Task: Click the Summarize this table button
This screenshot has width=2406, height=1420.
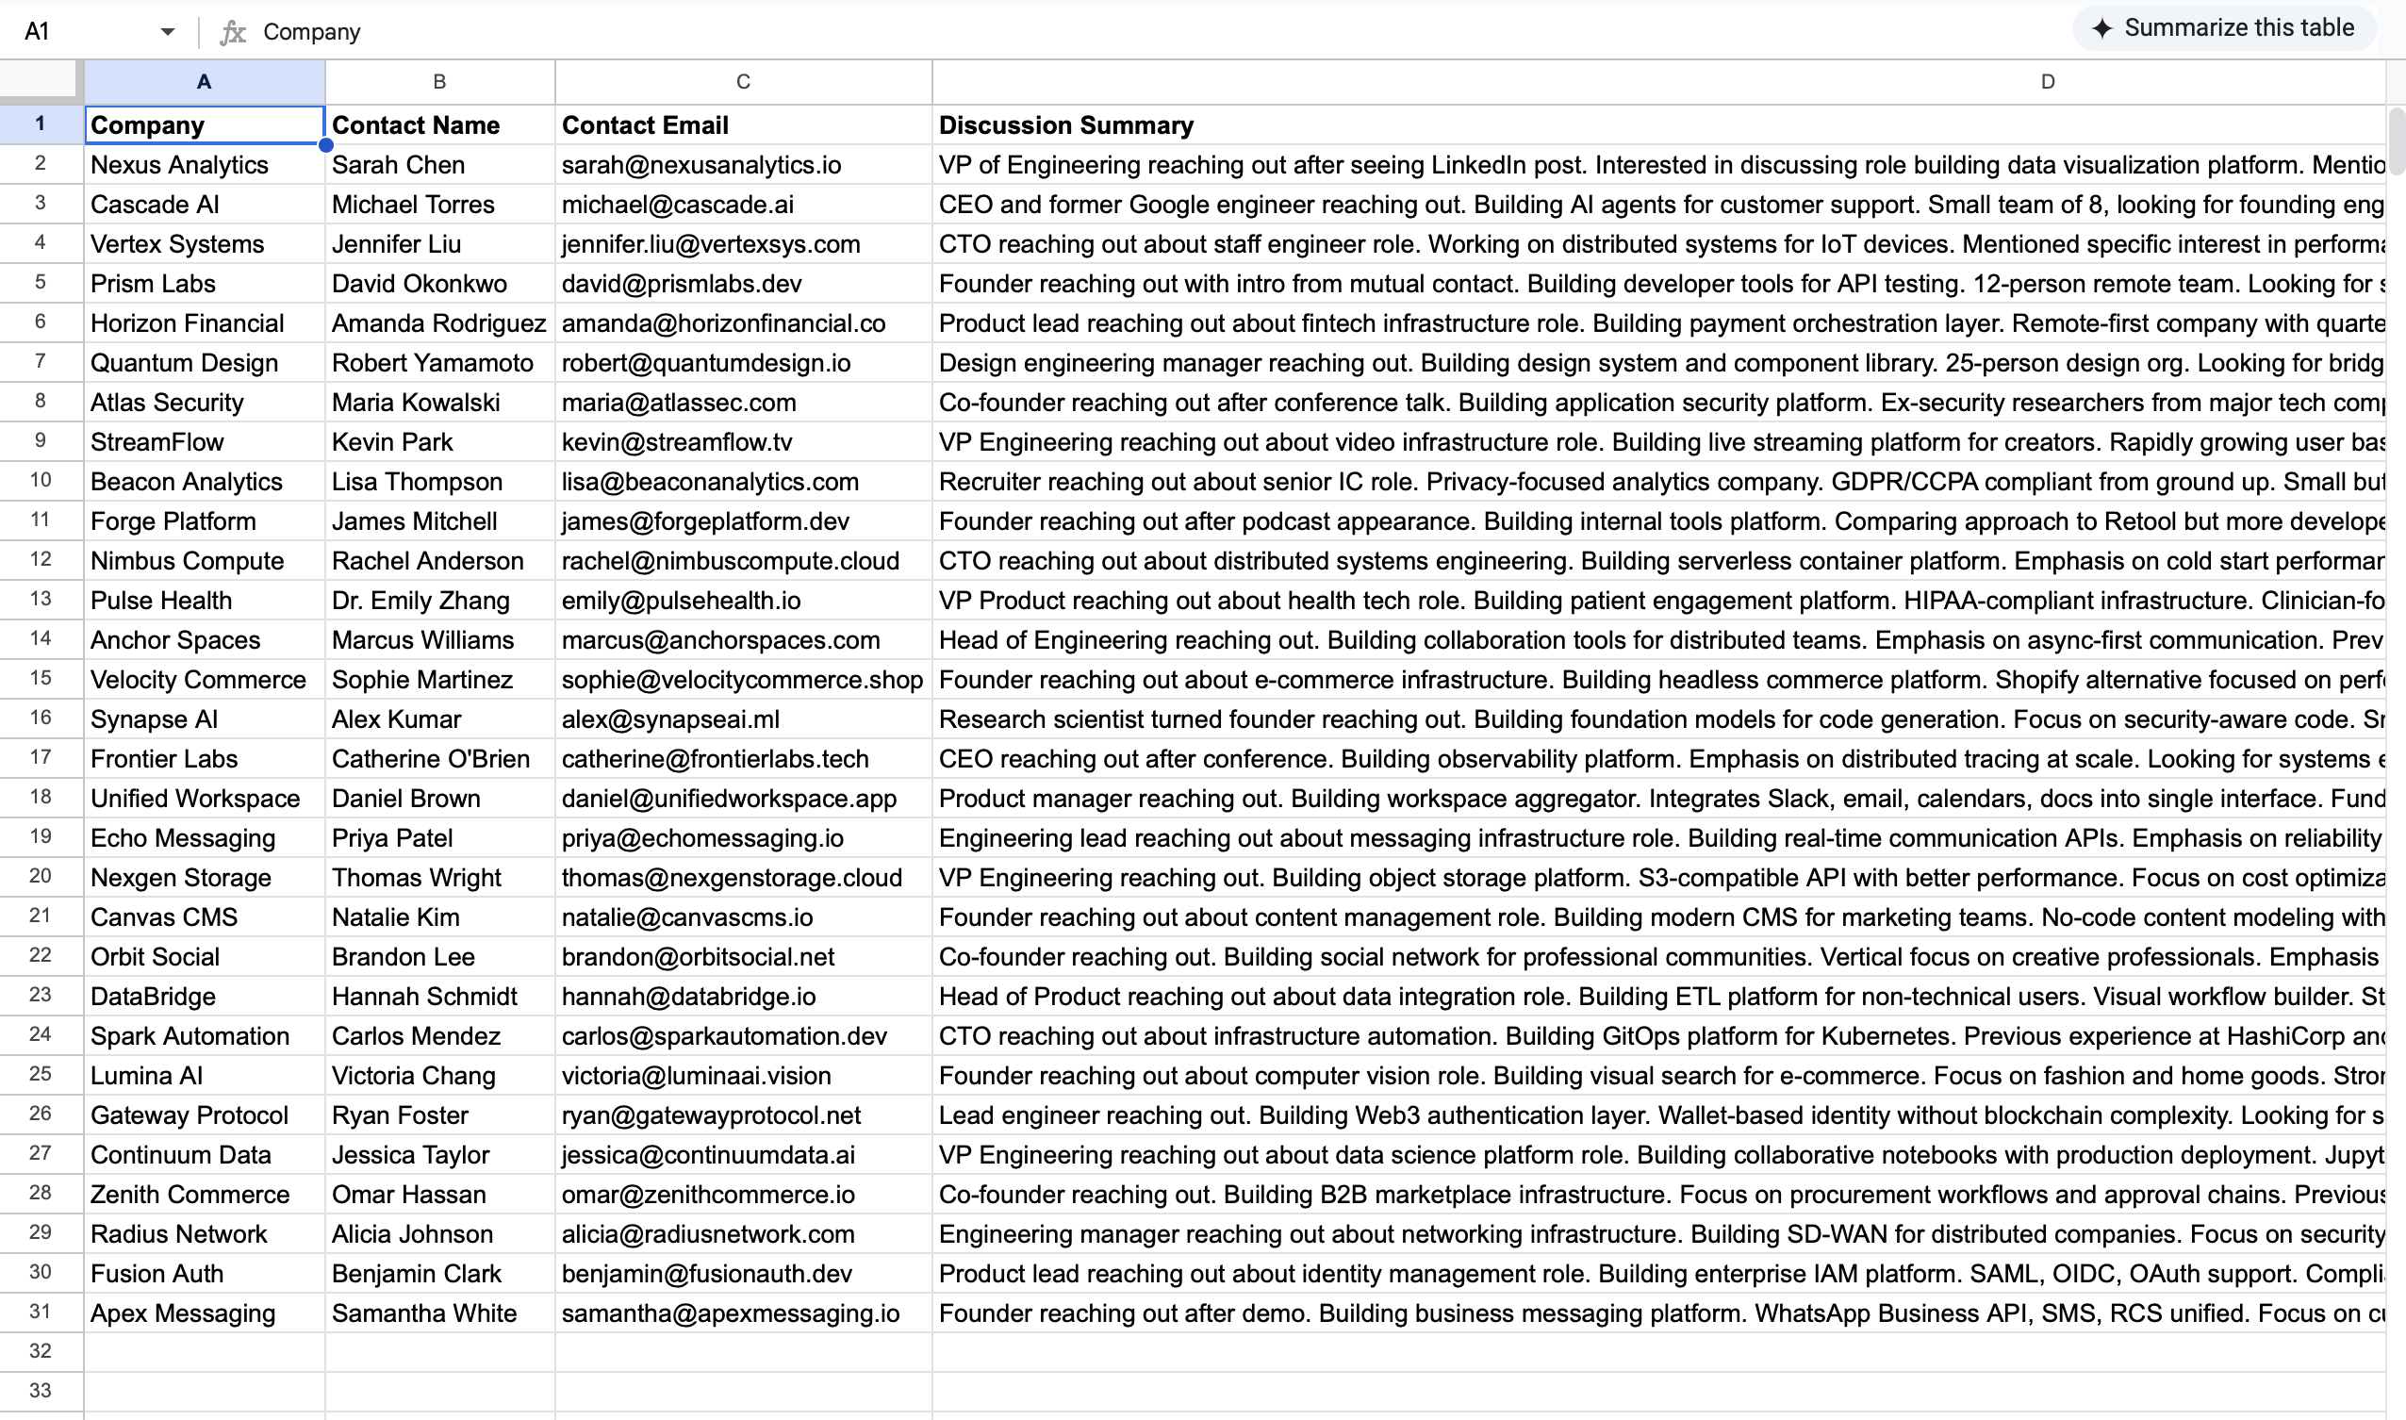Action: [2223, 28]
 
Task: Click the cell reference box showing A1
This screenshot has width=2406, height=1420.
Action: [86, 31]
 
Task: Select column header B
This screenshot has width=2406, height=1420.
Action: [439, 82]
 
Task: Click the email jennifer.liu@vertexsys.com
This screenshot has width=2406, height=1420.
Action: [711, 244]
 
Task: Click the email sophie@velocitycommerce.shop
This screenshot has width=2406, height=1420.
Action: [742, 681]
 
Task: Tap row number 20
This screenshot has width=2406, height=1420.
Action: [41, 877]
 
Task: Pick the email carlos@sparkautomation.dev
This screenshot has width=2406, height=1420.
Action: [724, 1036]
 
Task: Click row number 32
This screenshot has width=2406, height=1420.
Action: [41, 1351]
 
